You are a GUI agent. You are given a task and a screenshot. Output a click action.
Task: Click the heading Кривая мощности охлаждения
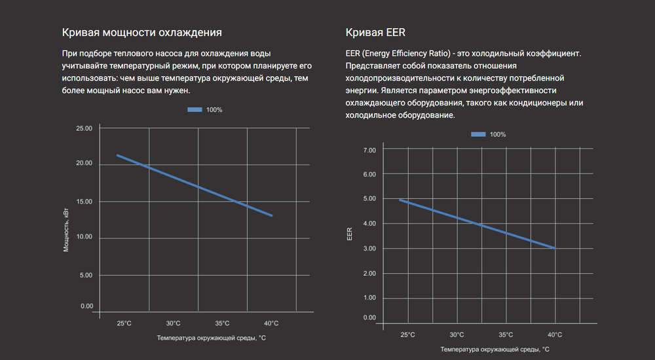coord(141,32)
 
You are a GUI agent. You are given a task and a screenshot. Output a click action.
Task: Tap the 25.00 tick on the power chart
coord(84,128)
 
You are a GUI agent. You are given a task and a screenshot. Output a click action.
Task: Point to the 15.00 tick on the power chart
coord(84,202)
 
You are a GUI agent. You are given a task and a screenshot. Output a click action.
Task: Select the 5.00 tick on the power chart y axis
coord(86,275)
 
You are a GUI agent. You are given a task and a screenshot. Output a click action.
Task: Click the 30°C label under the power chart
coord(173,323)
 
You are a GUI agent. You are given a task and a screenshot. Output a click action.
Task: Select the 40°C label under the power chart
coord(271,323)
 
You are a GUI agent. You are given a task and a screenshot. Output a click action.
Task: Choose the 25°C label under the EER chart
coord(407,334)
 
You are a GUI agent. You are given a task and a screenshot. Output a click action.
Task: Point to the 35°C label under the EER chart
coord(506,334)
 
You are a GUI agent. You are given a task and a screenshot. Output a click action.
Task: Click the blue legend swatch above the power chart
coord(195,110)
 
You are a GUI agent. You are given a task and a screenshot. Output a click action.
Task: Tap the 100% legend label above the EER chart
coord(498,134)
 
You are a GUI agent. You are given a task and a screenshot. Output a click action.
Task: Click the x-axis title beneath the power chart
coord(211,338)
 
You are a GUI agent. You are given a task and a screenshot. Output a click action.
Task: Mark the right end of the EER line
coord(555,248)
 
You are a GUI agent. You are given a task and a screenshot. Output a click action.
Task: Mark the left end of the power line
coord(117,155)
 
